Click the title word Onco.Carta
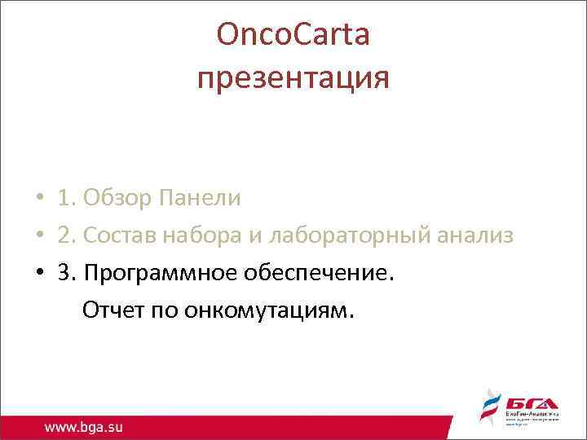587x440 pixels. (x=293, y=35)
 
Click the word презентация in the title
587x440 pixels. (x=293, y=79)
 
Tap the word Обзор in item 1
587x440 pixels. (x=121, y=198)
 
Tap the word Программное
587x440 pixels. (x=162, y=274)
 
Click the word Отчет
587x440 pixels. (x=112, y=311)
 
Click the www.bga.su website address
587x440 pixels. (x=85, y=426)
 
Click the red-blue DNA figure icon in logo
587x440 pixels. (x=489, y=409)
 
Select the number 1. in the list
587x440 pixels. (x=66, y=198)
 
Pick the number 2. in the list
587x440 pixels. (x=66, y=236)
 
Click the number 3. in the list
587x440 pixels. (x=66, y=274)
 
